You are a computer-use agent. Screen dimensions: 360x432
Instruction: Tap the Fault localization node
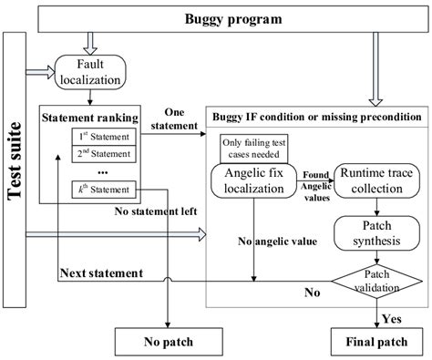pos(89,73)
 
